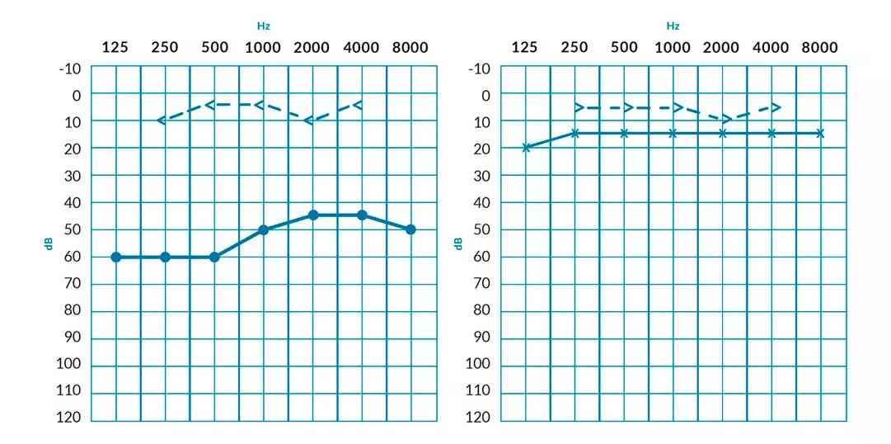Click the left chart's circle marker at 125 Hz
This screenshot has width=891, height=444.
click(115, 257)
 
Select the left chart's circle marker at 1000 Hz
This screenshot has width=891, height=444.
click(264, 229)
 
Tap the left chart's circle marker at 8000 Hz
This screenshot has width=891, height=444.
click(410, 229)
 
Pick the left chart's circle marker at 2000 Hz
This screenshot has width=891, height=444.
click(313, 215)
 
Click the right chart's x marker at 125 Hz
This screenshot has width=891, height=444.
click(526, 148)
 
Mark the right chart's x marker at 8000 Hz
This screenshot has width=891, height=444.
click(820, 133)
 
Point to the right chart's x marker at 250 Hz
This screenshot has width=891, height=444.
click(574, 133)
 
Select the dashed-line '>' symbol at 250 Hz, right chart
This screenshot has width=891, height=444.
click(579, 107)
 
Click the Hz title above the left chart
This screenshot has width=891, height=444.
click(263, 26)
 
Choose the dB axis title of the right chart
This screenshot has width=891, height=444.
click(458, 243)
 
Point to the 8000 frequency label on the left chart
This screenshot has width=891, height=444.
click(410, 47)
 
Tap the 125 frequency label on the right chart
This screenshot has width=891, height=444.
click(525, 47)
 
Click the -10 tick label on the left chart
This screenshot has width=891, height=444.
click(70, 68)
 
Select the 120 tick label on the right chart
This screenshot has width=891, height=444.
click(479, 418)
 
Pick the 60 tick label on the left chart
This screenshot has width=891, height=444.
click(73, 257)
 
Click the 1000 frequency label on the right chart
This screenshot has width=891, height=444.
click(673, 47)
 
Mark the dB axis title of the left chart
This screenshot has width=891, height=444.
click(49, 243)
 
